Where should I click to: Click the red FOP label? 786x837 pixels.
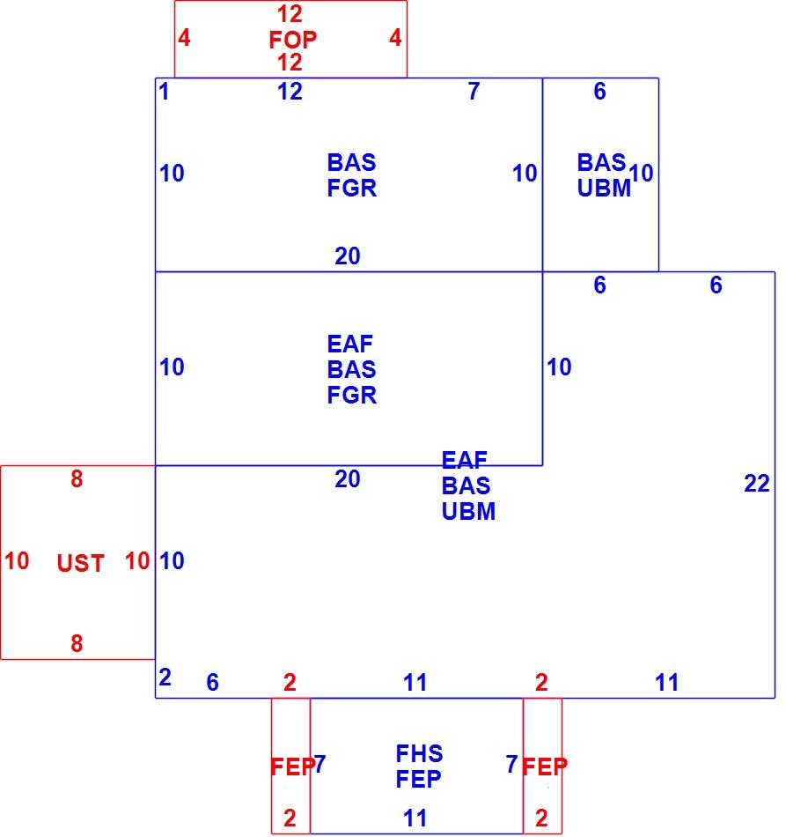click(x=293, y=40)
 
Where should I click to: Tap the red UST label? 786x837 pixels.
click(x=80, y=563)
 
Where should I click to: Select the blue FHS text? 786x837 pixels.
click(x=419, y=753)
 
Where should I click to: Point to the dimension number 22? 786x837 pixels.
click(x=757, y=484)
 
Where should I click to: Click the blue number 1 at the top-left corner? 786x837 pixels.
click(x=164, y=92)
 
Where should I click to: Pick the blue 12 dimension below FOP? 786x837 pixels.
click(x=290, y=92)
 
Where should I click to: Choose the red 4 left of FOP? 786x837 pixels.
click(x=184, y=38)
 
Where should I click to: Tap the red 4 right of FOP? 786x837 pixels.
click(x=395, y=38)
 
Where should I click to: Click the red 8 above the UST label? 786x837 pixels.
click(x=77, y=479)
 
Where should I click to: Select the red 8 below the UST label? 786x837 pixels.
click(x=77, y=643)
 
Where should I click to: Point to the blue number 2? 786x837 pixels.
click(x=165, y=678)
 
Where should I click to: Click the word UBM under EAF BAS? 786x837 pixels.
click(x=469, y=511)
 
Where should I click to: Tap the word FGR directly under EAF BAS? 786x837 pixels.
click(x=352, y=395)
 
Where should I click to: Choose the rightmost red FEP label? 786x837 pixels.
click(x=545, y=767)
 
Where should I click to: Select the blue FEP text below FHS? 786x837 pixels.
click(x=419, y=780)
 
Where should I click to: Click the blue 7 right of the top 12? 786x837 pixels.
click(x=474, y=92)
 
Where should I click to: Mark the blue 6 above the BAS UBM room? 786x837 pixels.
click(x=600, y=92)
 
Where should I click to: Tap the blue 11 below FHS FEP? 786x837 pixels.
click(x=415, y=818)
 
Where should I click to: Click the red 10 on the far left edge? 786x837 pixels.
click(x=17, y=561)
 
